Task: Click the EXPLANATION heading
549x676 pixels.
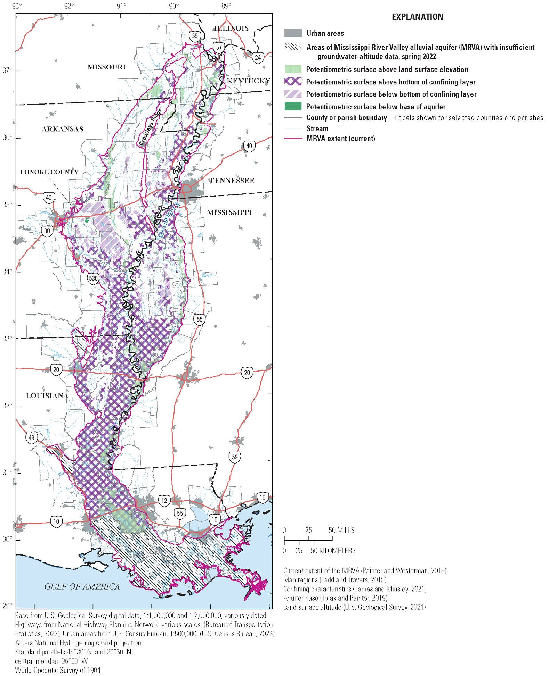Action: click(417, 17)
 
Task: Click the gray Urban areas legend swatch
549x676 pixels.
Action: click(293, 33)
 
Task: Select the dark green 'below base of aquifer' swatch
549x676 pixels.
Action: click(293, 106)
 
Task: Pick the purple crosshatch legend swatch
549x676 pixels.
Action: click(293, 82)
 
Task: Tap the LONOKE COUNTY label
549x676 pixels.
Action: click(49, 172)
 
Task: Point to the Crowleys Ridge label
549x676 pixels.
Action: click(151, 127)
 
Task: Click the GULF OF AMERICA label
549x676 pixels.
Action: click(82, 586)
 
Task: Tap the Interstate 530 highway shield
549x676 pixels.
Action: click(93, 278)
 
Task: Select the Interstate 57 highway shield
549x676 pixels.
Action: click(219, 48)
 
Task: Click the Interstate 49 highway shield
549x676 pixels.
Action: click(32, 437)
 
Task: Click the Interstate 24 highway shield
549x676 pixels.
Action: click(258, 57)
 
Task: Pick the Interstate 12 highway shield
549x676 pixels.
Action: click(164, 500)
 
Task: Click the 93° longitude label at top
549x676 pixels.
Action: click(16, 6)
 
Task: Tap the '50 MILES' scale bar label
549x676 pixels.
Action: click(341, 530)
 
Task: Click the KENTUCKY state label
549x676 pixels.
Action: click(248, 81)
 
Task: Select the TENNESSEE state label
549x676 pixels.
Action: click(232, 181)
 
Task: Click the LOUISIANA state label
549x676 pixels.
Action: click(47, 396)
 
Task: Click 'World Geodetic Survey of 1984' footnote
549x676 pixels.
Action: click(58, 670)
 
